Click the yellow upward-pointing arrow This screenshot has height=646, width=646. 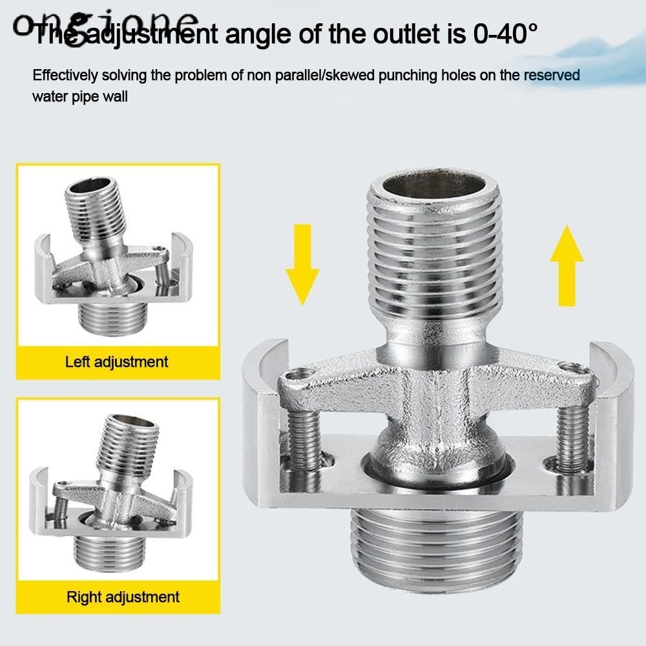click(x=567, y=264)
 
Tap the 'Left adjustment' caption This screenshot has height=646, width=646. click(x=116, y=362)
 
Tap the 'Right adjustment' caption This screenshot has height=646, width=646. click(x=123, y=596)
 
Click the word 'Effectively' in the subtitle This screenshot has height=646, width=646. click(x=64, y=76)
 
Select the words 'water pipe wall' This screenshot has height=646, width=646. click(x=81, y=97)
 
